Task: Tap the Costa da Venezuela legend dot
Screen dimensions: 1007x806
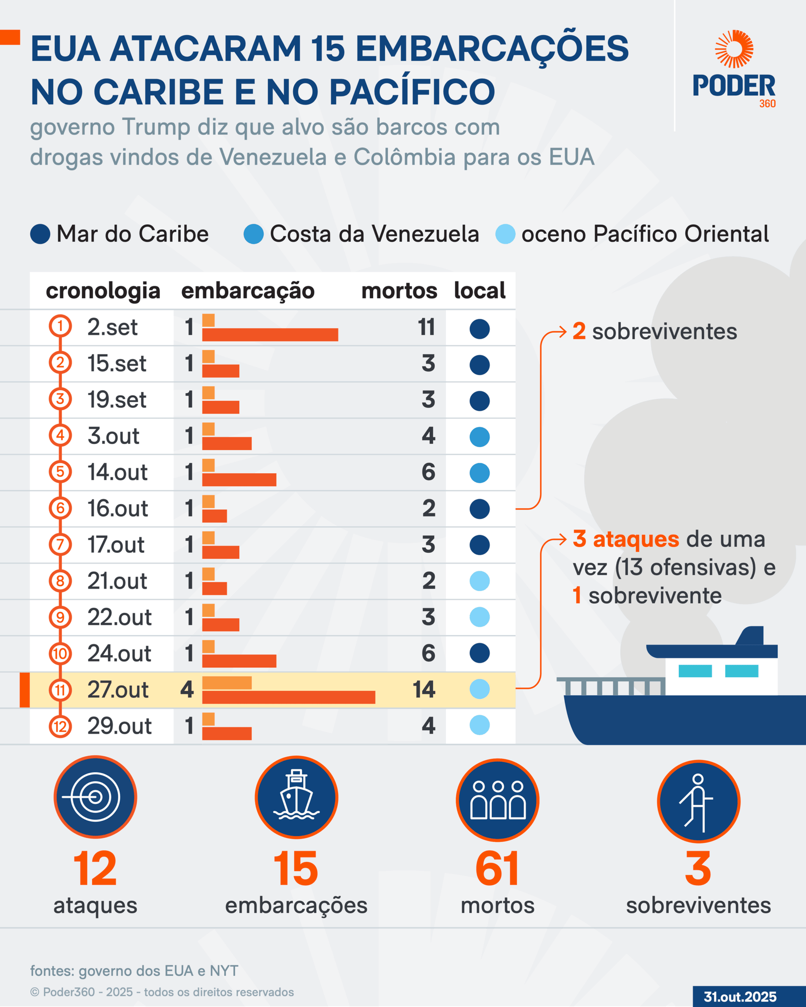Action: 253,234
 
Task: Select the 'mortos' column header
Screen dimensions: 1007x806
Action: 399,291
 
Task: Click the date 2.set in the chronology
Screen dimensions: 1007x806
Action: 112,327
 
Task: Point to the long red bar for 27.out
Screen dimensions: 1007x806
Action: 289,697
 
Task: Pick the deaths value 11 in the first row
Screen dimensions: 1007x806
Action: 426,327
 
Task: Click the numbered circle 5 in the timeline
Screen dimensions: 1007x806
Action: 60,472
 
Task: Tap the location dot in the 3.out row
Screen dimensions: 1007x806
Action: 479,437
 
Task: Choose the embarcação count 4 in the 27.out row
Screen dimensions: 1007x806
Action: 187,690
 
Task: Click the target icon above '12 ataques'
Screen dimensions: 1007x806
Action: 95,797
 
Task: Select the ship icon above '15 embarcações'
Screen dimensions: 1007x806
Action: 296,797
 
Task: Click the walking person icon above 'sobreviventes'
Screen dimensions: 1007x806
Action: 698,801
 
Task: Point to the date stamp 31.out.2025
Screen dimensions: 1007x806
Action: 740,997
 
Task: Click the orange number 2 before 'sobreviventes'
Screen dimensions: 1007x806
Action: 579,331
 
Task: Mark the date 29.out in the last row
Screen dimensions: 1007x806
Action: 119,726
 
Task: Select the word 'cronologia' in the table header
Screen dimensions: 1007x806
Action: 103,291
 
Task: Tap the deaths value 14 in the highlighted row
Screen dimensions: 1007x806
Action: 424,690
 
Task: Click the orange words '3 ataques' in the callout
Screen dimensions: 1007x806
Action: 626,539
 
